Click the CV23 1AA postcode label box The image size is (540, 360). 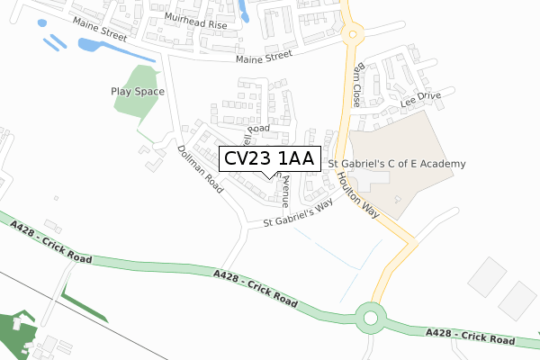269,158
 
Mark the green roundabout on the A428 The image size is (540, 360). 371,317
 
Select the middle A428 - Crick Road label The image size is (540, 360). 256,285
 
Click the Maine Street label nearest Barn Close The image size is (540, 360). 265,58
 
